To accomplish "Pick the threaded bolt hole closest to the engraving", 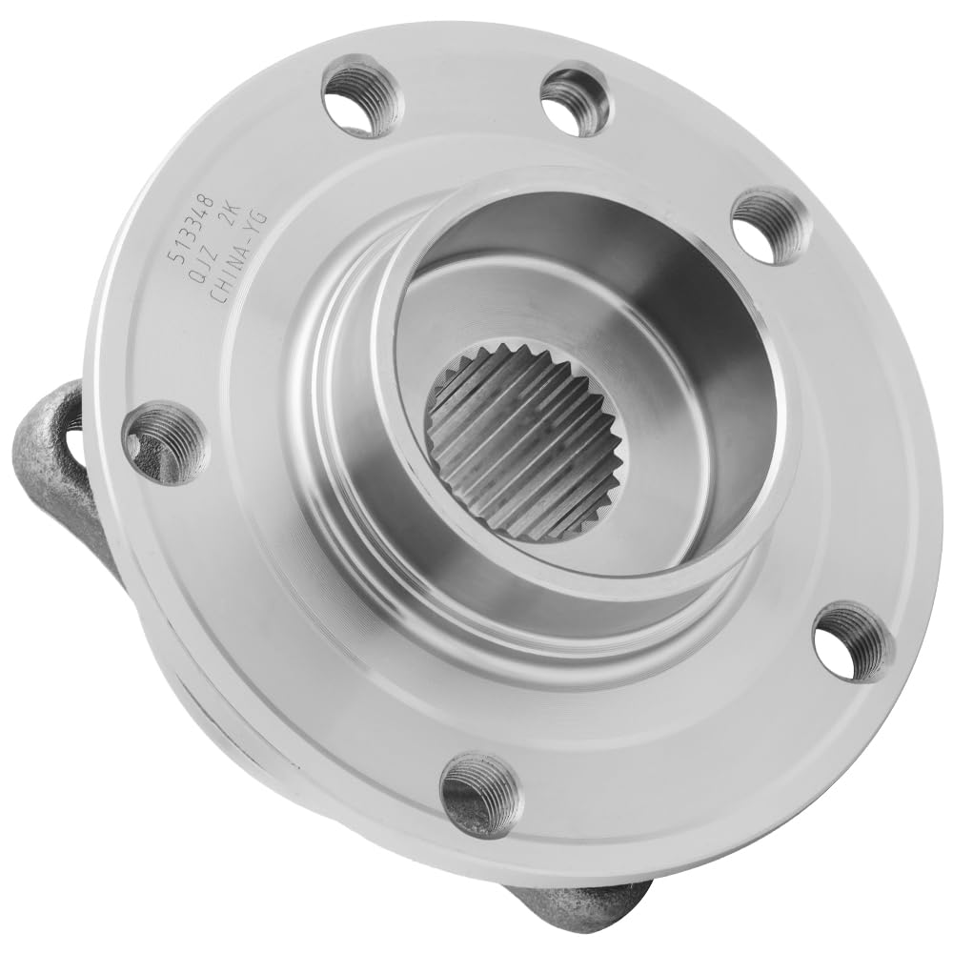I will coord(360,96).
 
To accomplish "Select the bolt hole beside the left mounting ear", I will coord(165,441).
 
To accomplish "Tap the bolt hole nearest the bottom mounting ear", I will coord(480,793).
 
